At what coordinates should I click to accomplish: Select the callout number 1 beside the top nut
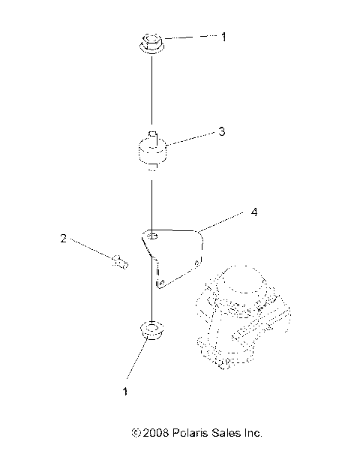pos(223,35)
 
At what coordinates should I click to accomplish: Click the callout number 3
pos(222,131)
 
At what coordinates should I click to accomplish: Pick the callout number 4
pos(254,212)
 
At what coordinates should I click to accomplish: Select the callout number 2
pos(63,239)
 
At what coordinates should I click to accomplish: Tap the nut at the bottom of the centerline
pos(152,329)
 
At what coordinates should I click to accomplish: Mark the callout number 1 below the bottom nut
pos(125,391)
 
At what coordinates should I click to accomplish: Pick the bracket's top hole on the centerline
pos(152,236)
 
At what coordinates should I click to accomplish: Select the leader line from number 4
pos(222,221)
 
